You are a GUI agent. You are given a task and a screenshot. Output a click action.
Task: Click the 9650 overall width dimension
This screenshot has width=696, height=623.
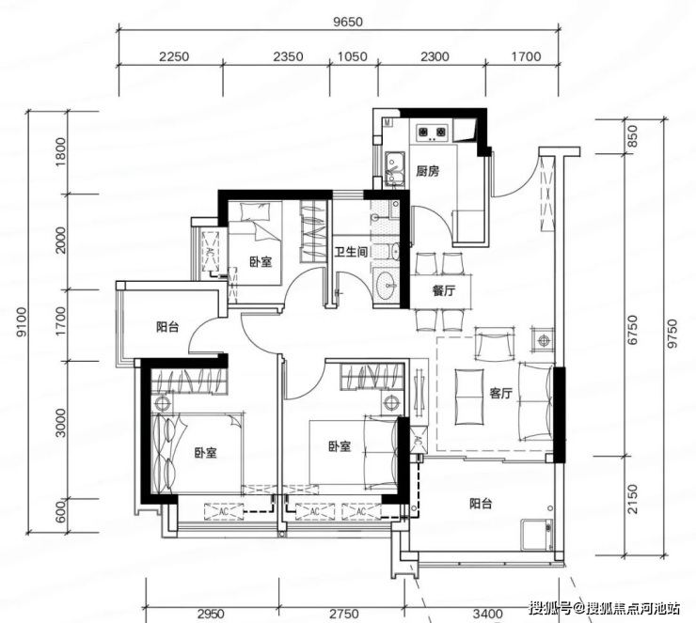pos(348,22)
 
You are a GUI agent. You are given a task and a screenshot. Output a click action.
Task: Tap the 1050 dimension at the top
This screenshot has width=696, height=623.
pos(353,56)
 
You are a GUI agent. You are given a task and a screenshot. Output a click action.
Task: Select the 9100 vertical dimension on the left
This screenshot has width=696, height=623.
pos(22,321)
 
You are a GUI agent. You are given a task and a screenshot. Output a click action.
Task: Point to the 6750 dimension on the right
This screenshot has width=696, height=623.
pos(633,330)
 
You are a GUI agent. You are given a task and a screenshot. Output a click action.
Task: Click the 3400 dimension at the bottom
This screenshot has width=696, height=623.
pos(487,615)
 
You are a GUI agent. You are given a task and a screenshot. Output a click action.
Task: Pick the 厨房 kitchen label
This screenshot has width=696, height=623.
pos(428,171)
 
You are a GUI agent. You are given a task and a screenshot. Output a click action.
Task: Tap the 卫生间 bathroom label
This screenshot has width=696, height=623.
pos(351,252)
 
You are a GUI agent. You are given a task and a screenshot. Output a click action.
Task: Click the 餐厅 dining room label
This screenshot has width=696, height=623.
pos(443,291)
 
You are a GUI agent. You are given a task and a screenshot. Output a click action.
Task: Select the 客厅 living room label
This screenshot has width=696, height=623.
pos(501,393)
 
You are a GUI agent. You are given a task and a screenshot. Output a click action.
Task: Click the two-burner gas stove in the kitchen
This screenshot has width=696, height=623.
pos(431,132)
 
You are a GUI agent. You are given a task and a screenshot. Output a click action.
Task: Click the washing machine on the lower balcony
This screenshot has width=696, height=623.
pos(537,535)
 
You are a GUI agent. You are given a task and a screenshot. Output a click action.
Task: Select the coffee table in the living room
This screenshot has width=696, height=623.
pos(469,396)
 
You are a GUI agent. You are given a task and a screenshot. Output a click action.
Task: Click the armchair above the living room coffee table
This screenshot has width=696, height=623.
pos(495,343)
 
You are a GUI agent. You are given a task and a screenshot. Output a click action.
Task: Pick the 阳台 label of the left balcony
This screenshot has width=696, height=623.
pos(167,327)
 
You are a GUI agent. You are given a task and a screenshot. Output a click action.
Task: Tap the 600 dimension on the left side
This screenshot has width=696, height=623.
pos(61,510)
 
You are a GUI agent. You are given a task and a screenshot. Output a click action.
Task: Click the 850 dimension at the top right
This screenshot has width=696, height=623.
pos(633,136)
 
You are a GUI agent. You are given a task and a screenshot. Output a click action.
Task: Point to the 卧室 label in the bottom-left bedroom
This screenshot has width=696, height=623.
pos(206,453)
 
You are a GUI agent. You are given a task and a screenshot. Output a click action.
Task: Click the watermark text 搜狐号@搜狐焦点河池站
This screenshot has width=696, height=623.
pos(604,608)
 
